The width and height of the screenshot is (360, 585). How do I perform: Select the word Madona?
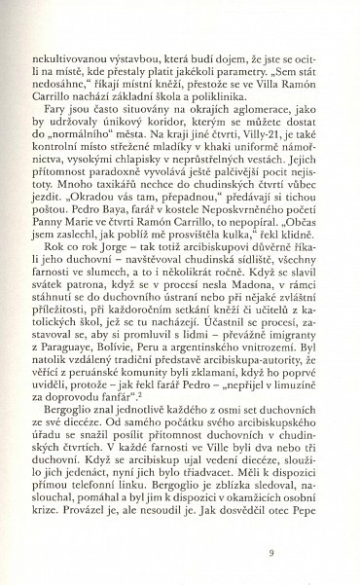pos(258,326)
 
